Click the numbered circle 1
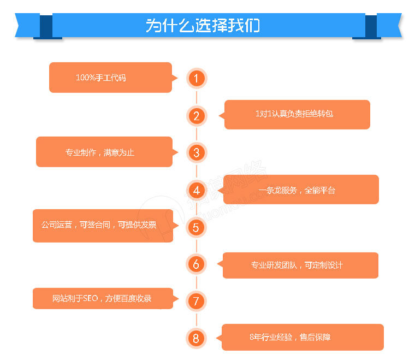pyautogui.click(x=197, y=78)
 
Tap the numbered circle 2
pyautogui.click(x=197, y=116)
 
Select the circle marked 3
pyautogui.click(x=197, y=153)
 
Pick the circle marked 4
pyautogui.click(x=197, y=190)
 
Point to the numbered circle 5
pyautogui.click(x=196, y=227)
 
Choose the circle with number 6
pyautogui.click(x=196, y=264)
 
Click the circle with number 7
pyautogui.click(x=196, y=301)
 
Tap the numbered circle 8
pyautogui.click(x=196, y=338)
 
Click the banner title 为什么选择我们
pyautogui.click(x=203, y=26)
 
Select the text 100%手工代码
pyautogui.click(x=101, y=78)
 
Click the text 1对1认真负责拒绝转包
pyautogui.click(x=294, y=114)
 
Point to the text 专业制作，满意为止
pyautogui.click(x=100, y=152)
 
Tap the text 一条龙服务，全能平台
pyautogui.click(x=297, y=190)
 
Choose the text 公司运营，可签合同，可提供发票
pyautogui.click(x=99, y=225)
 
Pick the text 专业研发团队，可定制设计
pyautogui.click(x=297, y=265)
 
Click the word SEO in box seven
pyautogui.click(x=91, y=298)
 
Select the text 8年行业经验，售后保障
pyautogui.click(x=290, y=337)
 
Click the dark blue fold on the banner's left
pyautogui.click(x=46, y=26)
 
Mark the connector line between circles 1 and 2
pyautogui.click(x=197, y=97)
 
